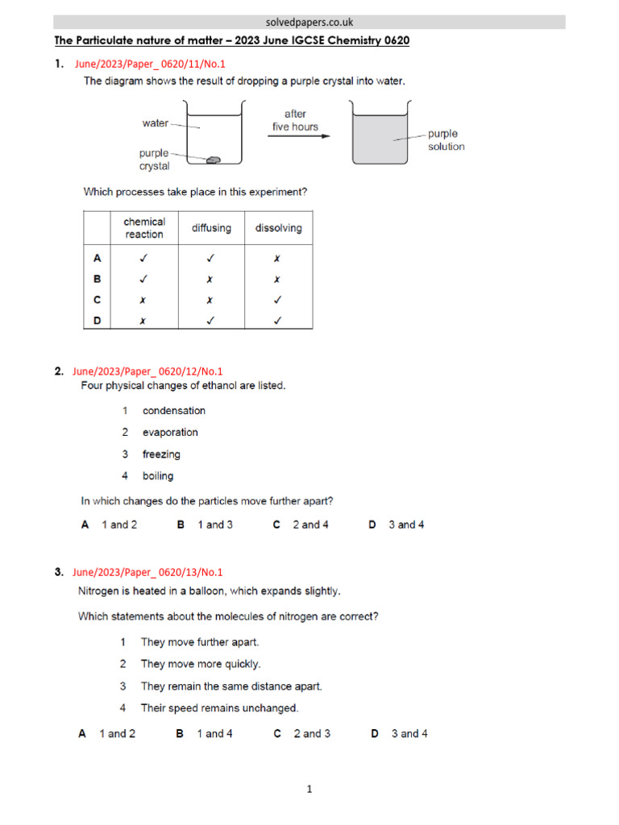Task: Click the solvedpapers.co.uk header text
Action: pos(309,23)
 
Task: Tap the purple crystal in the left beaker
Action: pos(214,160)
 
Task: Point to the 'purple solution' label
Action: pos(446,140)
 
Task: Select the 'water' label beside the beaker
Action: pos(156,123)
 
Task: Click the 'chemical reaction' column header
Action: pos(144,228)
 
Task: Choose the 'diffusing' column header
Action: pos(211,228)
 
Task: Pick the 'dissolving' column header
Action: pos(278,228)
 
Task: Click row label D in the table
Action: pos(98,321)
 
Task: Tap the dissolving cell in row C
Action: pos(278,300)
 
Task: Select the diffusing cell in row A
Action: pos(211,258)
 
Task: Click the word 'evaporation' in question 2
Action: pos(170,433)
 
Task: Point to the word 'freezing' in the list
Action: pos(161,454)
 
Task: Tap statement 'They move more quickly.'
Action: pos(201,665)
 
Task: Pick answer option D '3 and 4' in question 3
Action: pos(399,734)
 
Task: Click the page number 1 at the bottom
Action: pos(309,790)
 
